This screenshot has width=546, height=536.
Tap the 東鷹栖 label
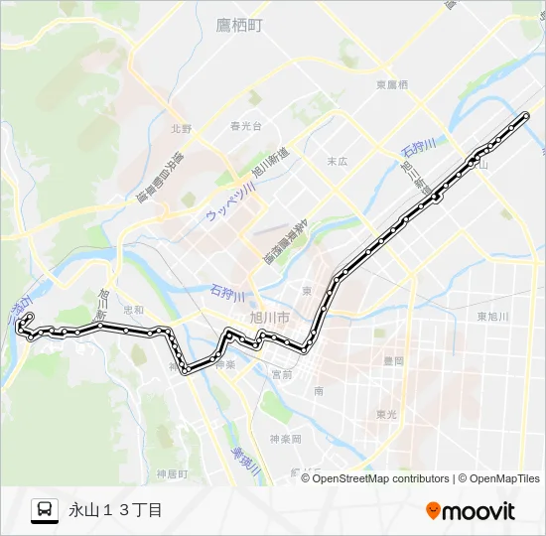point(391,85)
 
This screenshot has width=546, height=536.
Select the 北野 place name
point(180,128)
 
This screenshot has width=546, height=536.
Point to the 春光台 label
point(245,126)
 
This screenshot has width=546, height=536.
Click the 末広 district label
point(338,160)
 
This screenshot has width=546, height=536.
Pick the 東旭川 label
point(492,317)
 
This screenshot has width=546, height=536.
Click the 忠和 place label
point(133,310)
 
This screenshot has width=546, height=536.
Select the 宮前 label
point(282,374)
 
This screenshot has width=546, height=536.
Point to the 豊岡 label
point(392,361)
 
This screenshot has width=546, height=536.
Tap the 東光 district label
point(388,414)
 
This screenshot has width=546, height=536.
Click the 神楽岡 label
point(285,438)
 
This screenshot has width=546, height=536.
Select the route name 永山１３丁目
point(115,510)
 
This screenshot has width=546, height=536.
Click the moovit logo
point(471,511)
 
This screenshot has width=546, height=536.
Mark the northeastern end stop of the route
point(526,116)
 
